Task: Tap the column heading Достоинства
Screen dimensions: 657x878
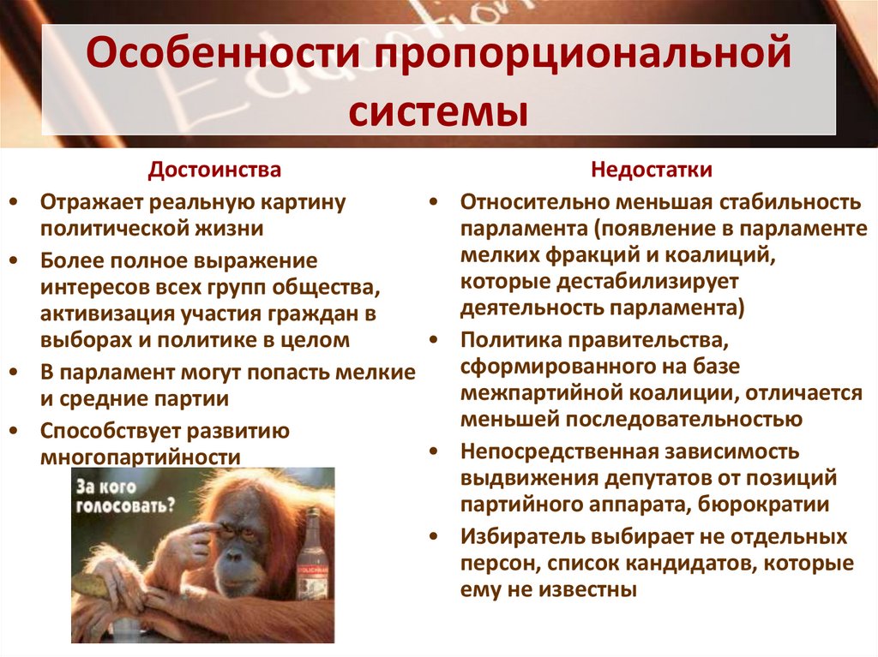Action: click(214, 170)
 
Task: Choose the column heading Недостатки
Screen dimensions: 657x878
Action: click(652, 170)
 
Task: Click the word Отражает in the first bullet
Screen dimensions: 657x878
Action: click(92, 202)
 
